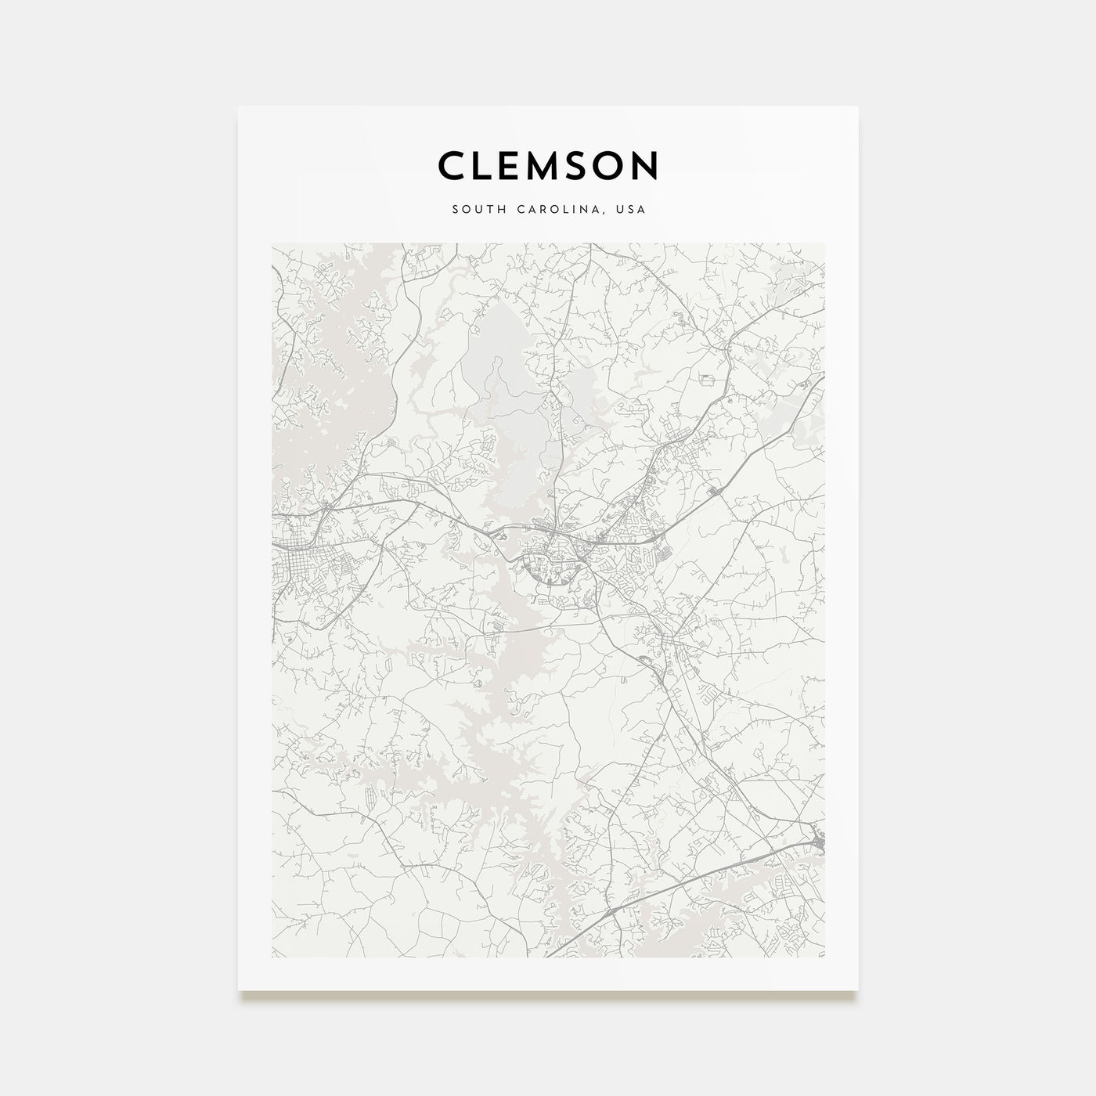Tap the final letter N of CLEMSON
(x=647, y=166)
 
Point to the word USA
(x=630, y=211)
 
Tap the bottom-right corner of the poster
(x=857, y=990)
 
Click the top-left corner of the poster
(x=240, y=107)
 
